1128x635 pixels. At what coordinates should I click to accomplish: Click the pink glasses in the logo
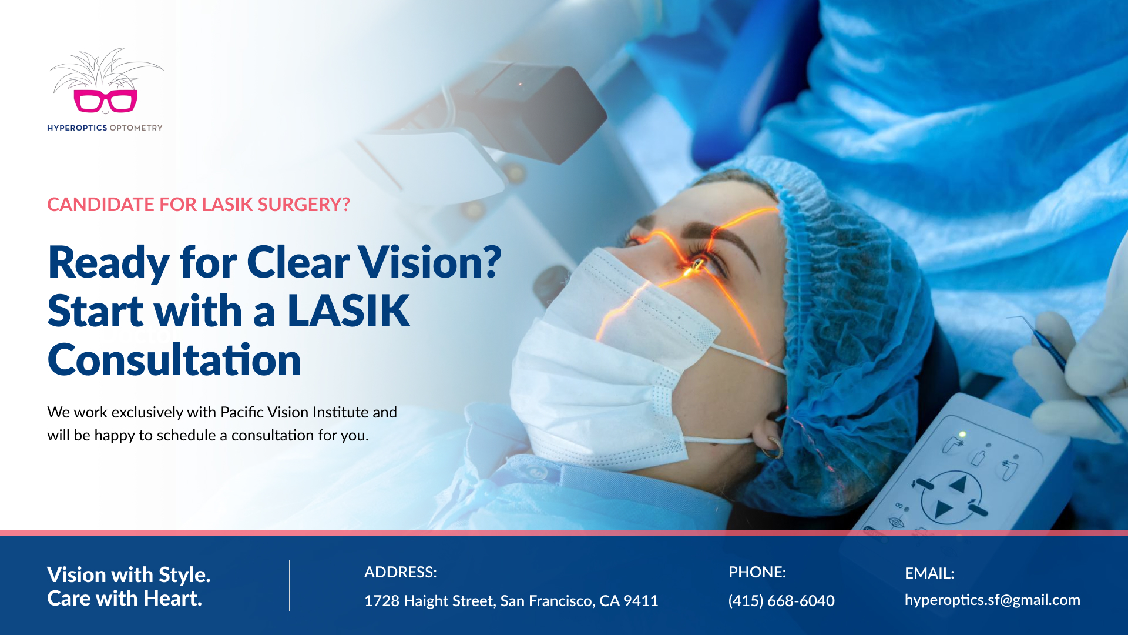click(x=106, y=101)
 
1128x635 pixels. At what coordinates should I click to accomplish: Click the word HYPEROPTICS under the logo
click(x=77, y=128)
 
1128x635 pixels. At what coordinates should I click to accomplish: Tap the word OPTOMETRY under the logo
click(x=136, y=128)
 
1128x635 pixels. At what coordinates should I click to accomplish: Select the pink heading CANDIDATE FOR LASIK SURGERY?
click(x=199, y=205)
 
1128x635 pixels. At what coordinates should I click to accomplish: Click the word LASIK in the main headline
click(x=348, y=310)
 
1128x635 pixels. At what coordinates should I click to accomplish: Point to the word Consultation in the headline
click(x=174, y=359)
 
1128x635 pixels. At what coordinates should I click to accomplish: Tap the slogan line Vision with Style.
click(x=129, y=574)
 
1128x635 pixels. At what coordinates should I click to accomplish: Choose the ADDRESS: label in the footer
click(x=401, y=572)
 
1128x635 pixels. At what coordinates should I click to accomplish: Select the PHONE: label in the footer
click(x=757, y=572)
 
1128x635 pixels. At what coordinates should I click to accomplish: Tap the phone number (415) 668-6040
click(x=781, y=601)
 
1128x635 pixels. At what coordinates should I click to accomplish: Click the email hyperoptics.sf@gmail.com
click(x=992, y=600)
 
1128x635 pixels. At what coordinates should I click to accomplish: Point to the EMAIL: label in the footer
click(x=929, y=573)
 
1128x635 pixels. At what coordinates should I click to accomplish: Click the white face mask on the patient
click(x=611, y=365)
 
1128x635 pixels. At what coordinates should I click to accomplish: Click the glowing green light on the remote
click(x=962, y=435)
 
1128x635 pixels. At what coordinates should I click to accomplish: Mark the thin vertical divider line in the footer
click(x=289, y=586)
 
